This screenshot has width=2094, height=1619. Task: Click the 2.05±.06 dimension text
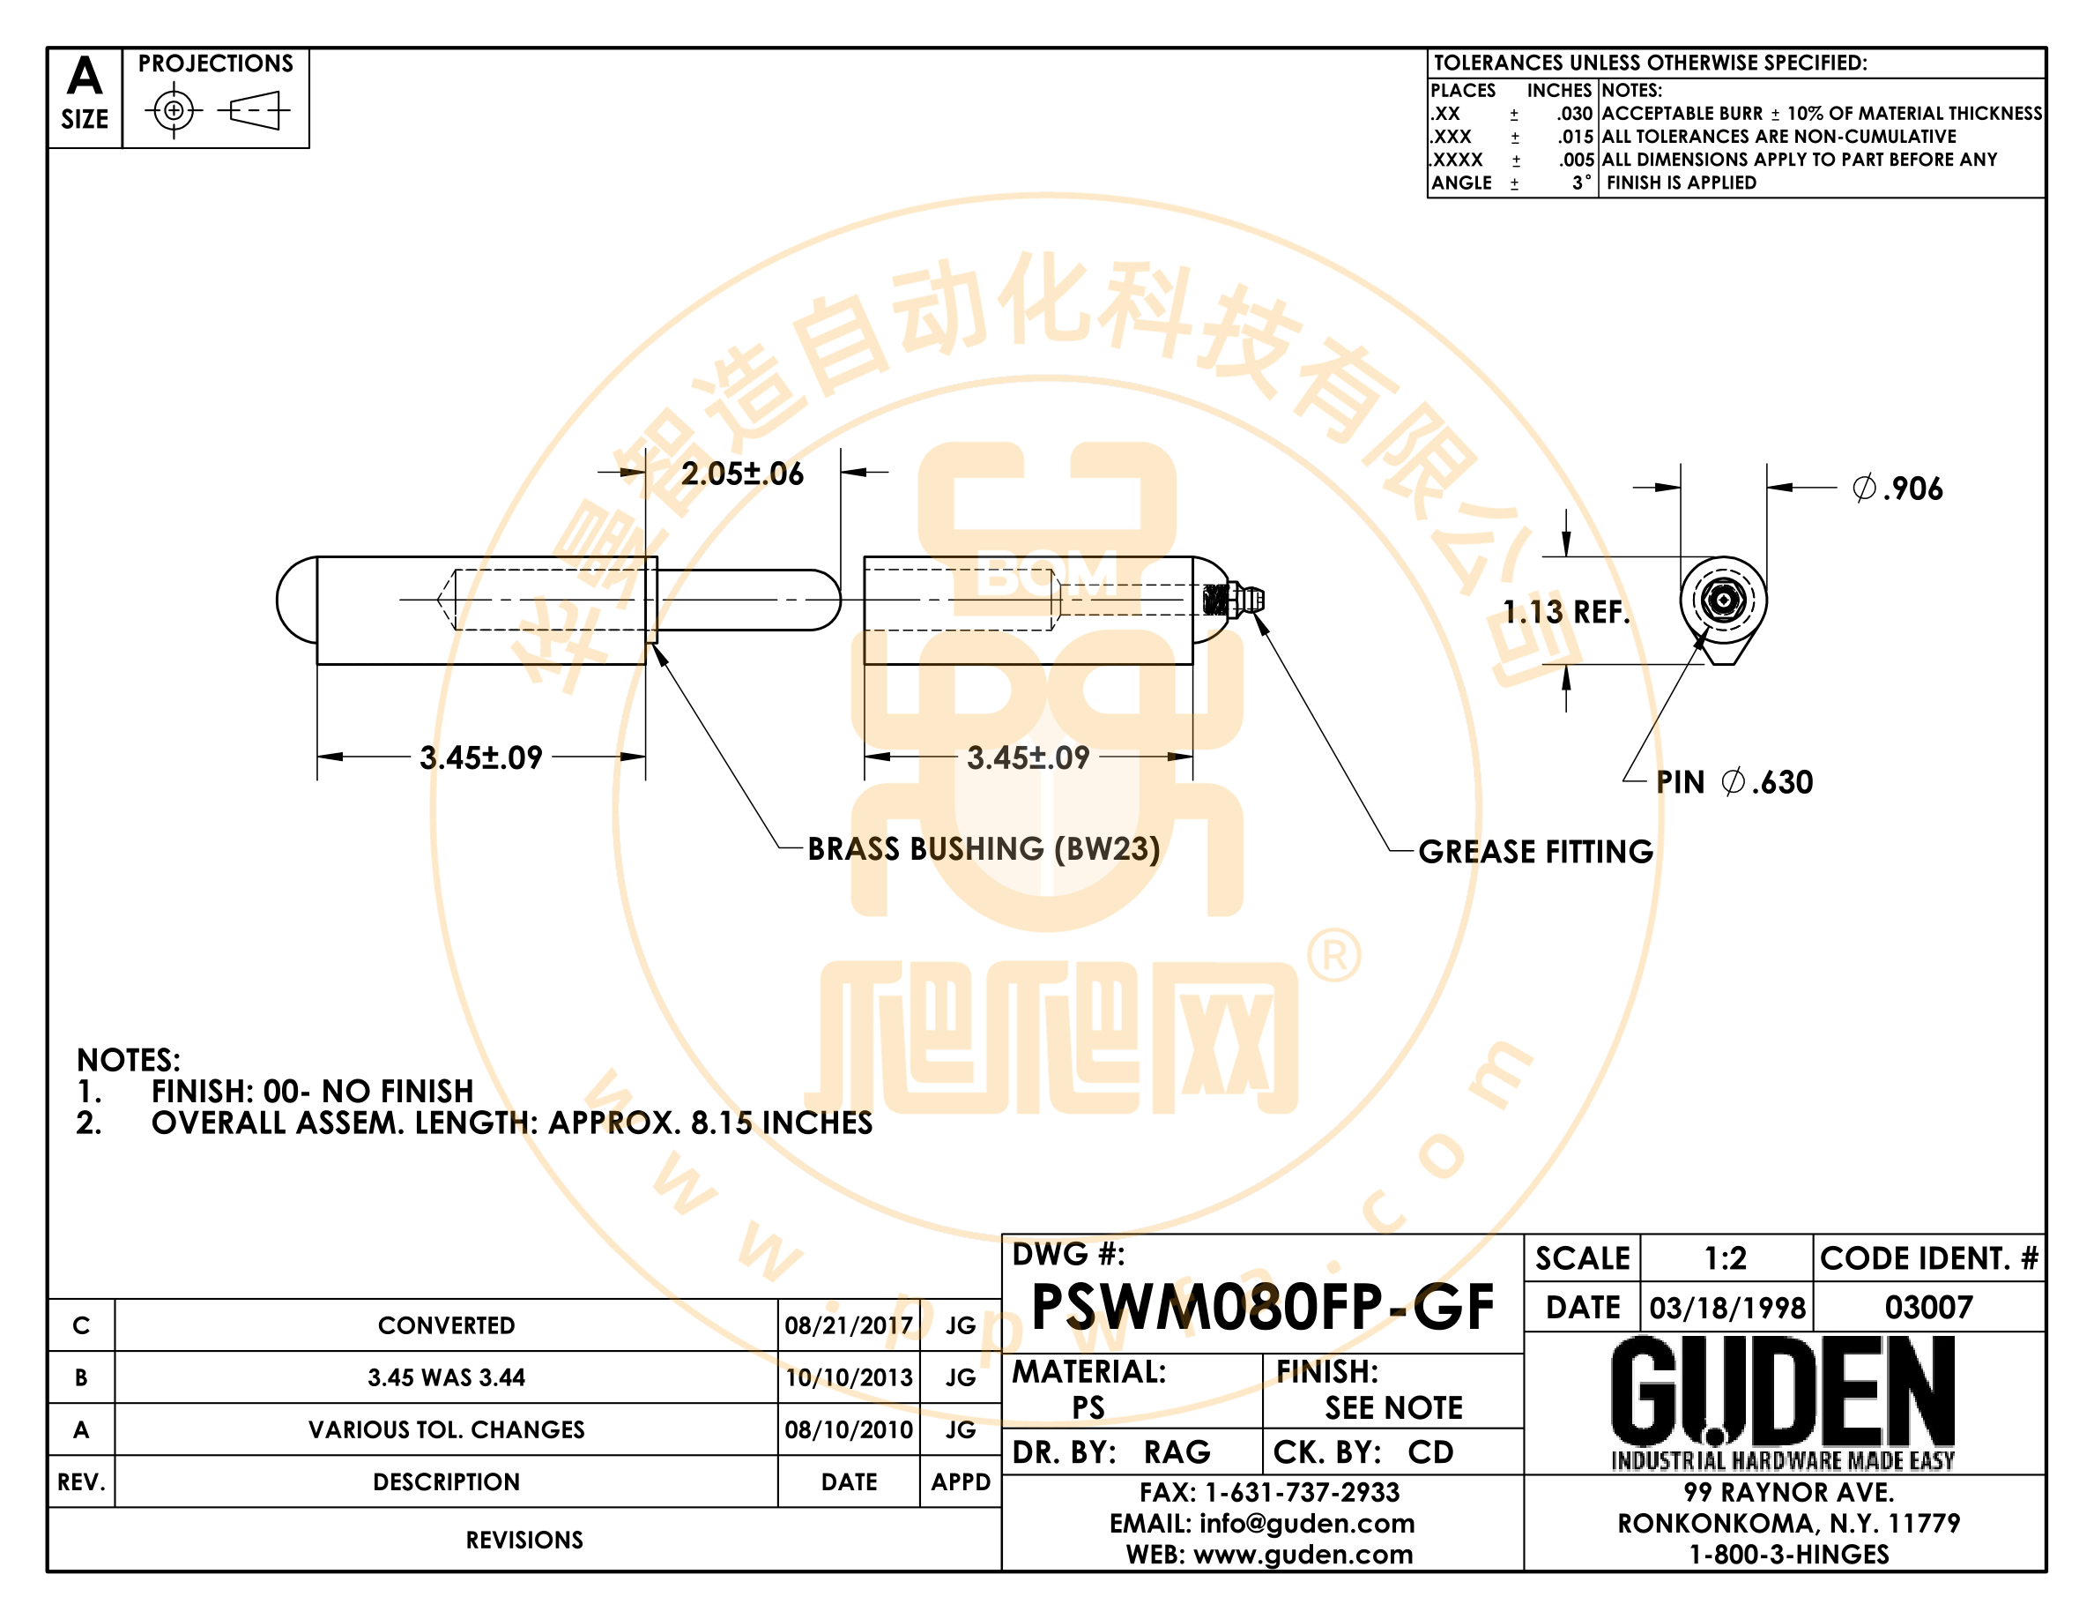click(x=742, y=474)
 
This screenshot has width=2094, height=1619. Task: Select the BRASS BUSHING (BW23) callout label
click(x=984, y=849)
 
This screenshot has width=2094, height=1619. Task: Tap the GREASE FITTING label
click(x=1536, y=852)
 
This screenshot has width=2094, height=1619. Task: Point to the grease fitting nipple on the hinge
click(x=1245, y=601)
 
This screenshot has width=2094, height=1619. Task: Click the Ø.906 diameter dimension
click(x=1897, y=489)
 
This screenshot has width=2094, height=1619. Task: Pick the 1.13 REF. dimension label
click(x=1567, y=612)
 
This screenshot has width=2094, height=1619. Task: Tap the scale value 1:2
click(x=1725, y=1258)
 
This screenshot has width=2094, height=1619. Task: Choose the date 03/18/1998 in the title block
click(x=1726, y=1308)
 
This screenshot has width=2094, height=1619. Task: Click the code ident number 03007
click(x=1928, y=1308)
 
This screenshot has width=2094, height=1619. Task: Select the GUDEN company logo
click(x=1784, y=1402)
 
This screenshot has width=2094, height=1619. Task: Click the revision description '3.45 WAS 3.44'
click(x=447, y=1377)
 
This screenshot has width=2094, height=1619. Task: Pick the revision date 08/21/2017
click(x=849, y=1325)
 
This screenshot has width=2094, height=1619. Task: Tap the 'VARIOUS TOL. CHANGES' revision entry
click(x=447, y=1429)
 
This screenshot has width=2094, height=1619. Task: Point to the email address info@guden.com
click(x=1307, y=1523)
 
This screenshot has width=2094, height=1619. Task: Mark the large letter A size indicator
click(x=85, y=76)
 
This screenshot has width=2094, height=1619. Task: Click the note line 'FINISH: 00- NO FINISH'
click(x=313, y=1091)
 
